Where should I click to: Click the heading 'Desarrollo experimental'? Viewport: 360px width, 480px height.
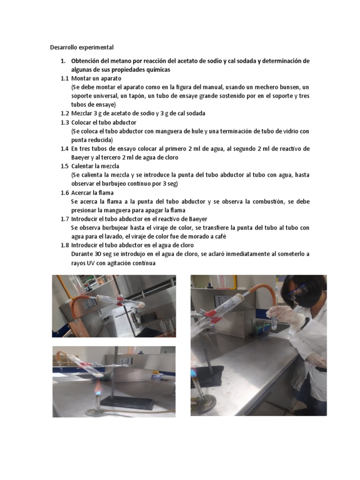[x=82, y=47]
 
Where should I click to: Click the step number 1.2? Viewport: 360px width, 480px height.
[x=65, y=113]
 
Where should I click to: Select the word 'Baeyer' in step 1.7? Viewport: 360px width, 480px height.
[x=197, y=219]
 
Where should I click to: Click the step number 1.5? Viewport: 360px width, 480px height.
[x=65, y=166]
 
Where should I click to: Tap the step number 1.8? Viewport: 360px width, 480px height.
[x=65, y=245]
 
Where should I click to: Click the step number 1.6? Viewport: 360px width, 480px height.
[x=65, y=193]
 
